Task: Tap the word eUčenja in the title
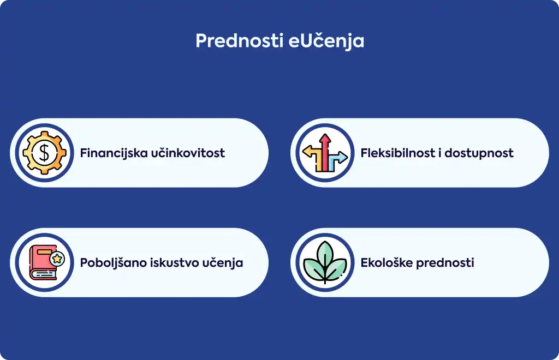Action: (326, 41)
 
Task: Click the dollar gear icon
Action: (45, 153)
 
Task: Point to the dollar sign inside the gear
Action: (44, 153)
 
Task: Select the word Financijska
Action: (114, 153)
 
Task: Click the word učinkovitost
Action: (188, 153)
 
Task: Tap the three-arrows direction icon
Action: (325, 153)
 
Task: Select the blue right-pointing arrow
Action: (338, 159)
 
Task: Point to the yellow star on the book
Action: (57, 259)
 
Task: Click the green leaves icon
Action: (325, 262)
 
